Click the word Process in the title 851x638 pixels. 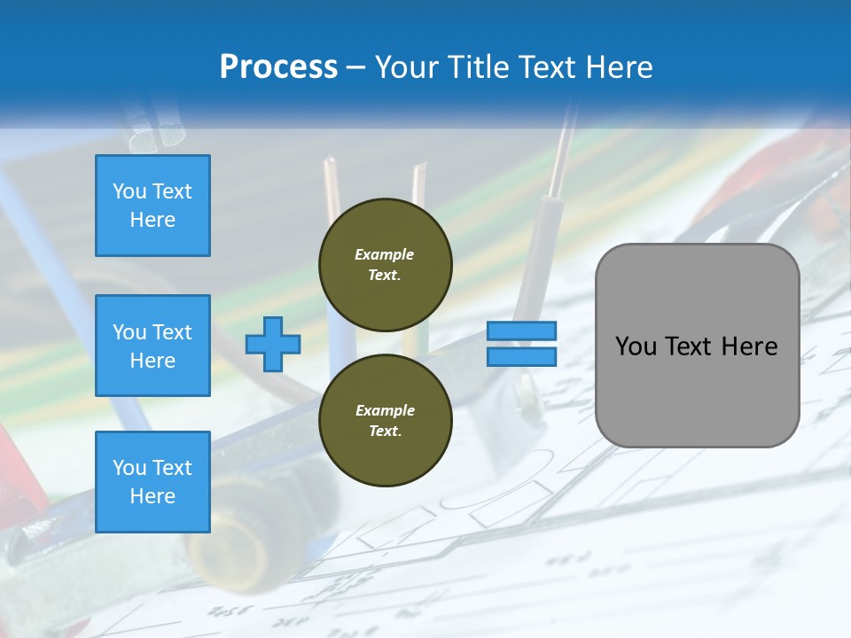[278, 67]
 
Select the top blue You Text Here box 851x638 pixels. [152, 206]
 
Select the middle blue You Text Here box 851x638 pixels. [152, 346]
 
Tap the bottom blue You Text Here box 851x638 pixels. [152, 482]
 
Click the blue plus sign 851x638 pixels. [273, 345]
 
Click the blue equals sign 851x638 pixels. [521, 344]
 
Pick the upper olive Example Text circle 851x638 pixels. [385, 264]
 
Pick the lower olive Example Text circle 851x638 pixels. [385, 420]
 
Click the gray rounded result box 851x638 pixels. [697, 346]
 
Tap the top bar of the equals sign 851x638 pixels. [521, 331]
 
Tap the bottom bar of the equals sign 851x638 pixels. [521, 356]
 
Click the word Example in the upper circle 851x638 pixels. [385, 254]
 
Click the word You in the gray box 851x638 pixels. [636, 346]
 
